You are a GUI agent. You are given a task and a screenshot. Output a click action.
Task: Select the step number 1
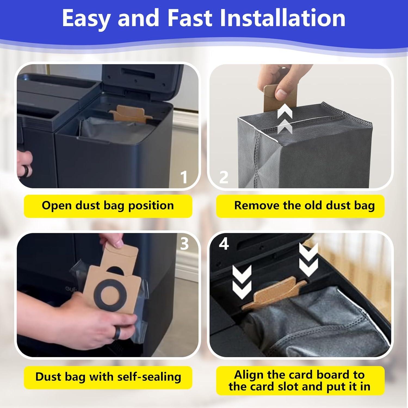click(x=184, y=177)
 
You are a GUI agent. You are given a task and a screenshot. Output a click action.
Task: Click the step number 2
click(x=224, y=177)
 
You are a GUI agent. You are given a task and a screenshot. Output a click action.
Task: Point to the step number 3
click(x=184, y=244)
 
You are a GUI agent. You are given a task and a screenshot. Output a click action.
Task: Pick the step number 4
click(x=224, y=244)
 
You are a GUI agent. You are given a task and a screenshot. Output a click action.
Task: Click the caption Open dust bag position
click(x=108, y=206)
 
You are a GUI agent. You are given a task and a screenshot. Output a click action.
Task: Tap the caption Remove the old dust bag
click(x=304, y=206)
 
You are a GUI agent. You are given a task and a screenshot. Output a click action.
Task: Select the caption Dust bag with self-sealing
click(x=108, y=377)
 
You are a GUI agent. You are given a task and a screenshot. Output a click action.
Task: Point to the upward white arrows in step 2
click(x=285, y=121)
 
